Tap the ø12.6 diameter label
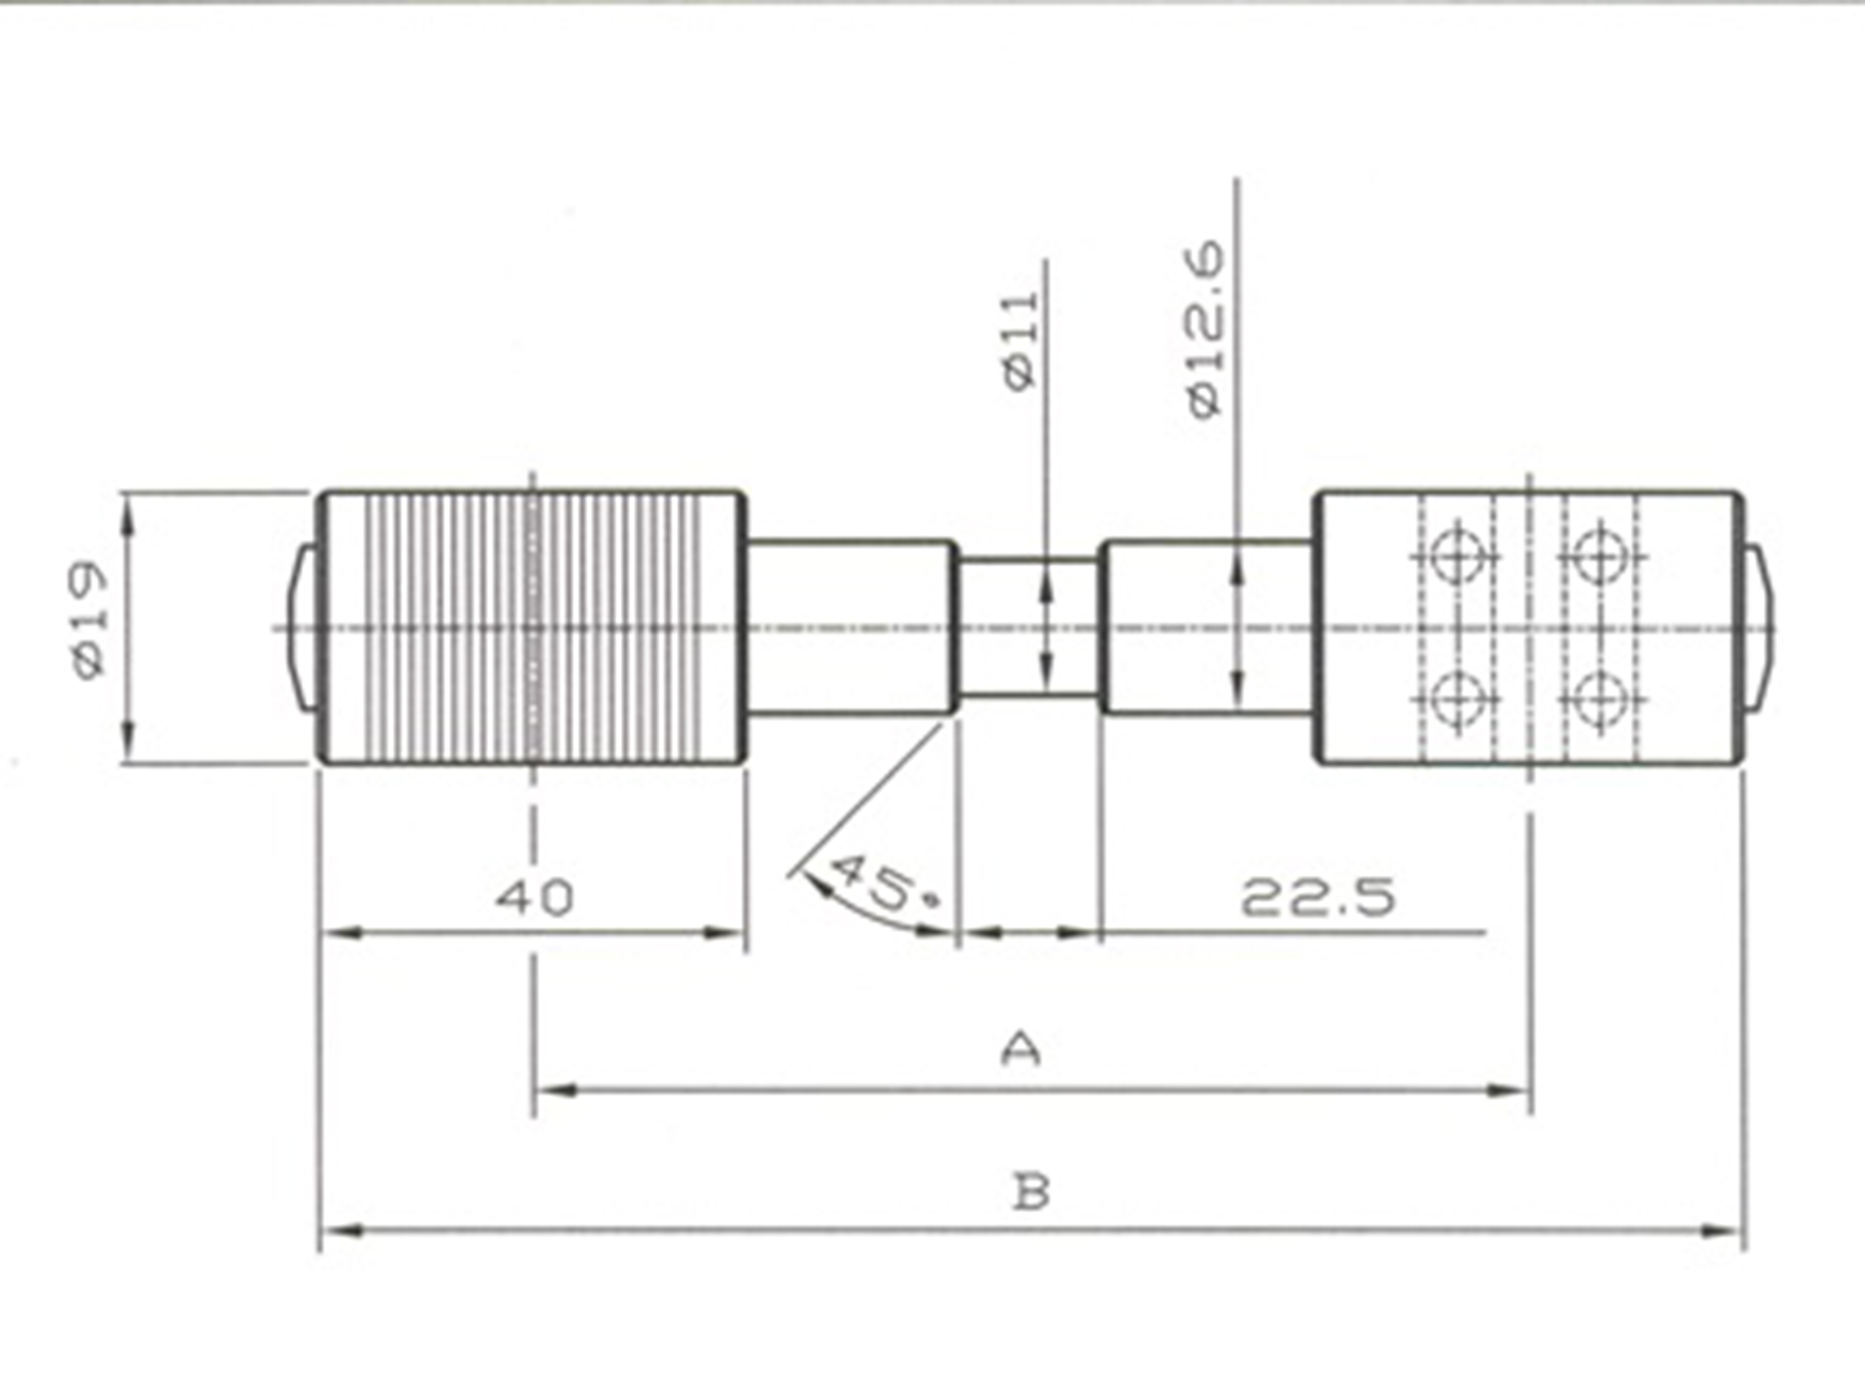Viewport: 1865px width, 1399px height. (x=1206, y=329)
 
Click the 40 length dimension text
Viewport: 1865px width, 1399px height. (x=535, y=896)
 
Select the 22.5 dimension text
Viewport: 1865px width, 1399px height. (x=1318, y=896)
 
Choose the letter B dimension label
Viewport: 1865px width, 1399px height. (x=1030, y=1192)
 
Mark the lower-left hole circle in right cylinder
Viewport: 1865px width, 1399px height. (x=1457, y=698)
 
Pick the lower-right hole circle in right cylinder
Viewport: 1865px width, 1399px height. (x=1601, y=698)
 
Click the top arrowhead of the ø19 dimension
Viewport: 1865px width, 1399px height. (x=128, y=514)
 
